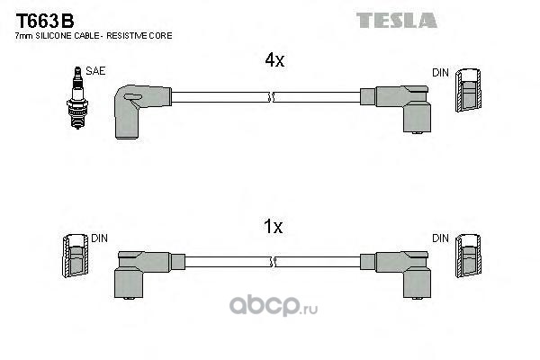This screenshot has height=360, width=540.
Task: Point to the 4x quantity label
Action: pos(274,61)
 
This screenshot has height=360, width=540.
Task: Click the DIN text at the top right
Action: pos(440,72)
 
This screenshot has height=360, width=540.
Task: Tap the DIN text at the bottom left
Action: pos(98,238)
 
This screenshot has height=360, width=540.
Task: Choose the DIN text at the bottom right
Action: pos(440,238)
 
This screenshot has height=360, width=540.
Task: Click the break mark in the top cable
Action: pos(274,95)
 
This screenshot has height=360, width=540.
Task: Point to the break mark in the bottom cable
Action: pos(274,260)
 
